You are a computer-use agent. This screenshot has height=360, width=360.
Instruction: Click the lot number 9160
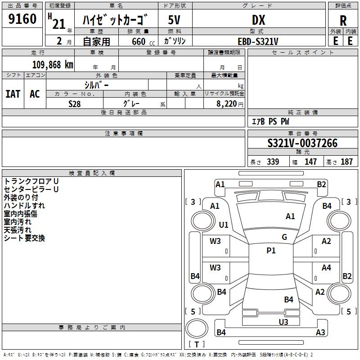22,19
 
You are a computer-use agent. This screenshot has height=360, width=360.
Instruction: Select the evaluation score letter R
343,21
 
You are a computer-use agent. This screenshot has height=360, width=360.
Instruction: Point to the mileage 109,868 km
53,64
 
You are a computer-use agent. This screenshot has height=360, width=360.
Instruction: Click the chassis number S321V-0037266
302,144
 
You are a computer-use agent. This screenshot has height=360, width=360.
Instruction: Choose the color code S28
74,104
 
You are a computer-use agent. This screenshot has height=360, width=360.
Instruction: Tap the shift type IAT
13,94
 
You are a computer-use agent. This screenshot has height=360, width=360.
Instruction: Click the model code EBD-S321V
258,41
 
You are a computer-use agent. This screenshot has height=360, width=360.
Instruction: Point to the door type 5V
175,20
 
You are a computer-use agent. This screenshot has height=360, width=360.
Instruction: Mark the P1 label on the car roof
271,251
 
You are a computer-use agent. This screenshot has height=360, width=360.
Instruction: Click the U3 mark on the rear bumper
283,322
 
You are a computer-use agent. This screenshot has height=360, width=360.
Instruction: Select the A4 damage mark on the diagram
326,268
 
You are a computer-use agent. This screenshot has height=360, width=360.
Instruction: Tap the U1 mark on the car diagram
224,225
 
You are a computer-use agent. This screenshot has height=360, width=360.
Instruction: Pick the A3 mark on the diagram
320,333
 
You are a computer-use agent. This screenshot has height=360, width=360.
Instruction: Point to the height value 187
346,162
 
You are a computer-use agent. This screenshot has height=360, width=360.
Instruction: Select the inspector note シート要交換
24,238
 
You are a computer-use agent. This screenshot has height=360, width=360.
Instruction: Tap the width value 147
310,162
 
